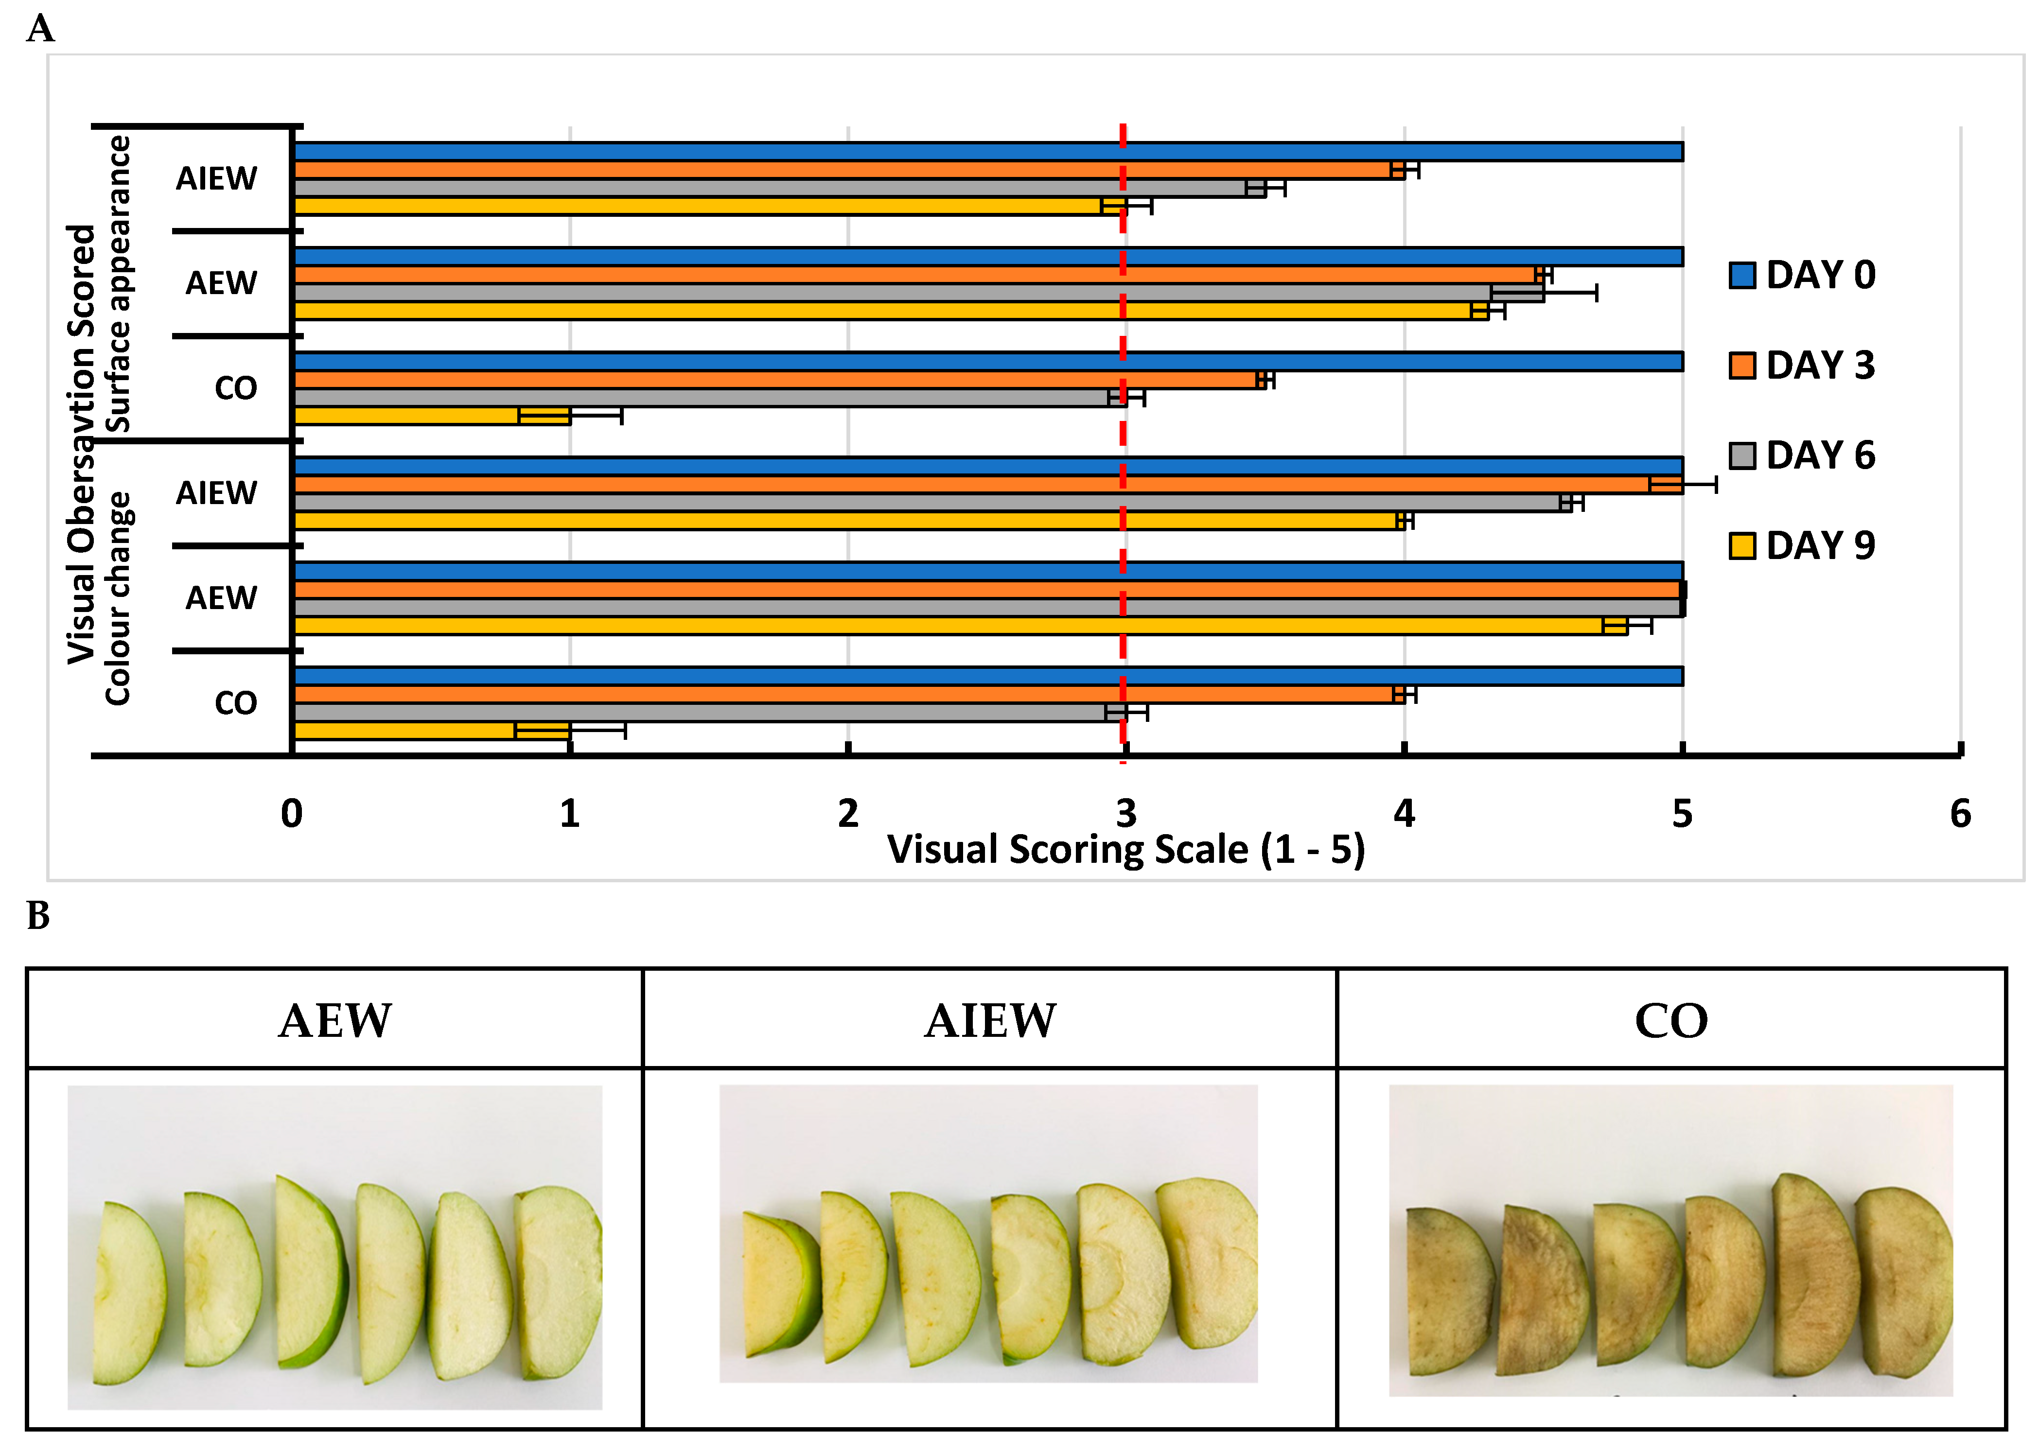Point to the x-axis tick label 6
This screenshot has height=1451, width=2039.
tap(1959, 813)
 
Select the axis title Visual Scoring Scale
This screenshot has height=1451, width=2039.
tap(1126, 850)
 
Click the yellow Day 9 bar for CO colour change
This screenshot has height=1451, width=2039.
tap(432, 731)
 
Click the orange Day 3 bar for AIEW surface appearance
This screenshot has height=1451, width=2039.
tap(849, 170)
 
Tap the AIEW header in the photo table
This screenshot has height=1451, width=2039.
tap(990, 1020)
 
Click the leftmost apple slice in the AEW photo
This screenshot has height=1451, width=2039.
tap(129, 1294)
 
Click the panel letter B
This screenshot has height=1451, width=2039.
tap(38, 916)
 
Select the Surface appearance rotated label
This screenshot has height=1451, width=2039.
tap(118, 284)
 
